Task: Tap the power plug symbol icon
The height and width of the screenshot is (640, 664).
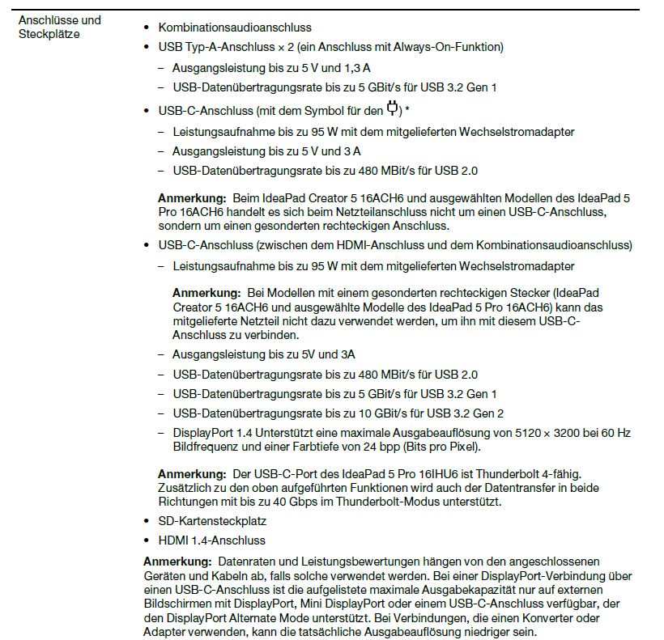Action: (393, 108)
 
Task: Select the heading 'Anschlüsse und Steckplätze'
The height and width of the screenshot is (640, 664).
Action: (59, 27)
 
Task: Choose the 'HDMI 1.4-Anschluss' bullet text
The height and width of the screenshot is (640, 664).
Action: (211, 540)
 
